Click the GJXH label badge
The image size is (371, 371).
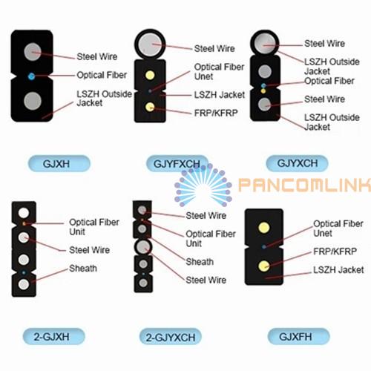59,163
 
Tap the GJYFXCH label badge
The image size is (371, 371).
177,163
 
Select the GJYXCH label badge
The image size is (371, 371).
297,163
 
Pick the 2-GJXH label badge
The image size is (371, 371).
54,336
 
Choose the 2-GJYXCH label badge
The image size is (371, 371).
171,337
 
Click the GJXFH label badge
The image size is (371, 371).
299,336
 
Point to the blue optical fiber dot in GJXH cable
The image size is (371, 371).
31,76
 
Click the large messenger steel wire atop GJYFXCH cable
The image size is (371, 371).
150,45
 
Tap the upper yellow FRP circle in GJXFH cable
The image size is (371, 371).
264,228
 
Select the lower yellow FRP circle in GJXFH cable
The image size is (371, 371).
264,266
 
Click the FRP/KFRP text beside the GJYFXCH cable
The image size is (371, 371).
216,113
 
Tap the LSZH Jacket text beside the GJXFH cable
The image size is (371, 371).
338,269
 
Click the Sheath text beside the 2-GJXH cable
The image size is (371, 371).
83,269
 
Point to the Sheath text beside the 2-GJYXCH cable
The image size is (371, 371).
200,262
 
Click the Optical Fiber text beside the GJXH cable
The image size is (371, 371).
102,75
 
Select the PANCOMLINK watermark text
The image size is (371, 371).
305,185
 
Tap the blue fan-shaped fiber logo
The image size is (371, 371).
203,185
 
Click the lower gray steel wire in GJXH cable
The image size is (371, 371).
33,101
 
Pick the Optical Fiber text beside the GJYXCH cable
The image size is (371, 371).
329,81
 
